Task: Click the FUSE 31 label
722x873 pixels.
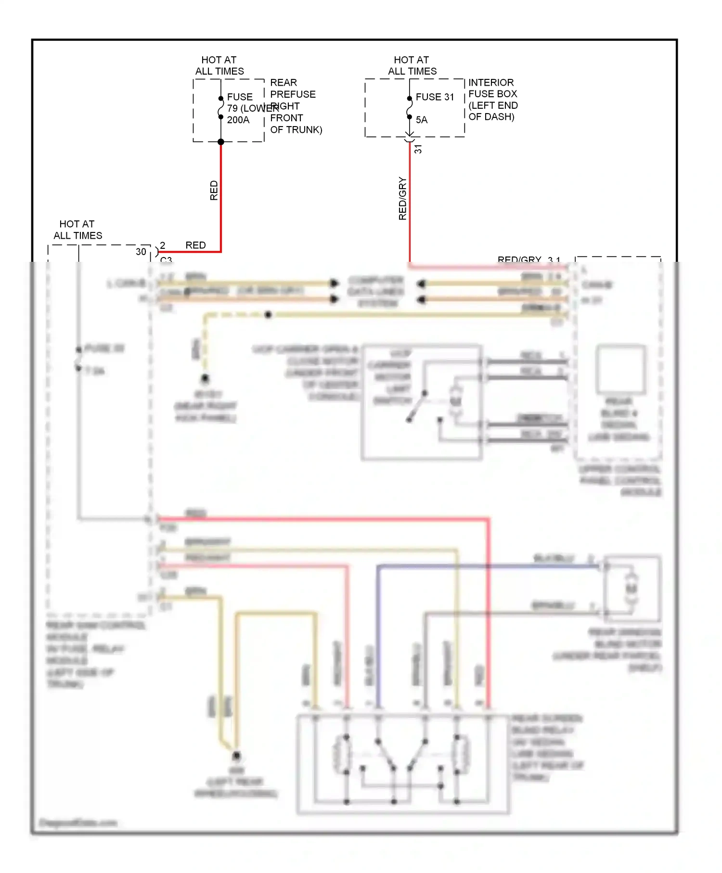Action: click(435, 97)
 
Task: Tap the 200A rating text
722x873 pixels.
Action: click(238, 120)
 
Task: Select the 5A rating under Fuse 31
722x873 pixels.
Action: click(422, 120)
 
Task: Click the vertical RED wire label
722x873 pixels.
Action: click(214, 191)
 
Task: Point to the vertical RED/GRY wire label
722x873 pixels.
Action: click(403, 199)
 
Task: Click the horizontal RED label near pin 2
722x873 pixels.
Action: click(195, 245)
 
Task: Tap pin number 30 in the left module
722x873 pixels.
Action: click(141, 251)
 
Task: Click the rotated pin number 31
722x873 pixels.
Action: click(418, 149)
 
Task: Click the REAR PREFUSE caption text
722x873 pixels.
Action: click(293, 88)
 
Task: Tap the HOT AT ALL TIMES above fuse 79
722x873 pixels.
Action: click(219, 65)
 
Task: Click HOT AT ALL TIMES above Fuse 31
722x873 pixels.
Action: click(412, 65)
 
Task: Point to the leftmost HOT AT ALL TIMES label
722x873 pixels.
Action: click(77, 230)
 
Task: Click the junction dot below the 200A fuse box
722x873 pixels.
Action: click(221, 142)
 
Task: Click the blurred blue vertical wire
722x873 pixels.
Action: click(378, 635)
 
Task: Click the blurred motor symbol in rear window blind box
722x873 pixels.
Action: click(631, 589)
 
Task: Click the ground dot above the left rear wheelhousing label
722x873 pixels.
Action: click(236, 756)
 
